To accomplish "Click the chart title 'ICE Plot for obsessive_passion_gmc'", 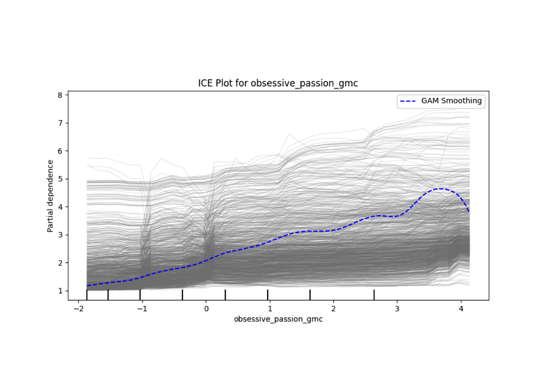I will (278, 83).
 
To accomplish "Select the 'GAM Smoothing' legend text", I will (451, 101).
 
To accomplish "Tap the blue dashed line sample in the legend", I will (408, 101).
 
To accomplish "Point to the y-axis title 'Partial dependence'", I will (50, 196).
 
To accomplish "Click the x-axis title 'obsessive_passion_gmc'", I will (278, 319).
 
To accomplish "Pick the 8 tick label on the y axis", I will (60, 95).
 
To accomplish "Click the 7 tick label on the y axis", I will (60, 123).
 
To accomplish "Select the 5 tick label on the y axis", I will (60, 179).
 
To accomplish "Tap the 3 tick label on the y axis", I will (60, 235).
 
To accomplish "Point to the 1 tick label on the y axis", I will (60, 291).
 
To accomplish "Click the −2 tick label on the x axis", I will (78, 309).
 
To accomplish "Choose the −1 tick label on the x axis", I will (142, 309).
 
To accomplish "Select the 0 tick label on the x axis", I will (206, 309).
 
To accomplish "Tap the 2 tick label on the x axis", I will (334, 309).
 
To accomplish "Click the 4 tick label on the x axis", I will (461, 309).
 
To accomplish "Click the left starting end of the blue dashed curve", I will (87, 286).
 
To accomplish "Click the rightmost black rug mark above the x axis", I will (374, 295).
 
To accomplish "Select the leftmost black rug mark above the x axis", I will (87, 295).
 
